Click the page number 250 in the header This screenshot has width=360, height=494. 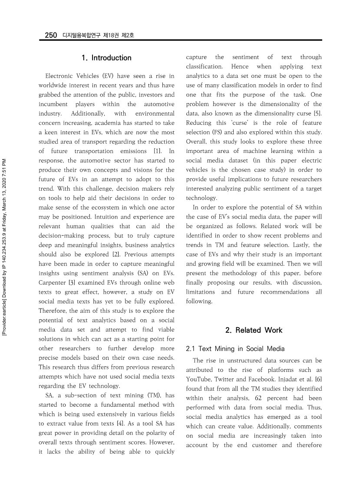tap(51, 35)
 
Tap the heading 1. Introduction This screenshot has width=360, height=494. tap(106, 58)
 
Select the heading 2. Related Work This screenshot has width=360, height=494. tap(254, 330)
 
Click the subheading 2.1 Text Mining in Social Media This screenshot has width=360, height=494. tap(235, 348)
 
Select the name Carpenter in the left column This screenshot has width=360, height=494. tap(53, 283)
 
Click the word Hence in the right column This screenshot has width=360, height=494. tap(240, 66)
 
